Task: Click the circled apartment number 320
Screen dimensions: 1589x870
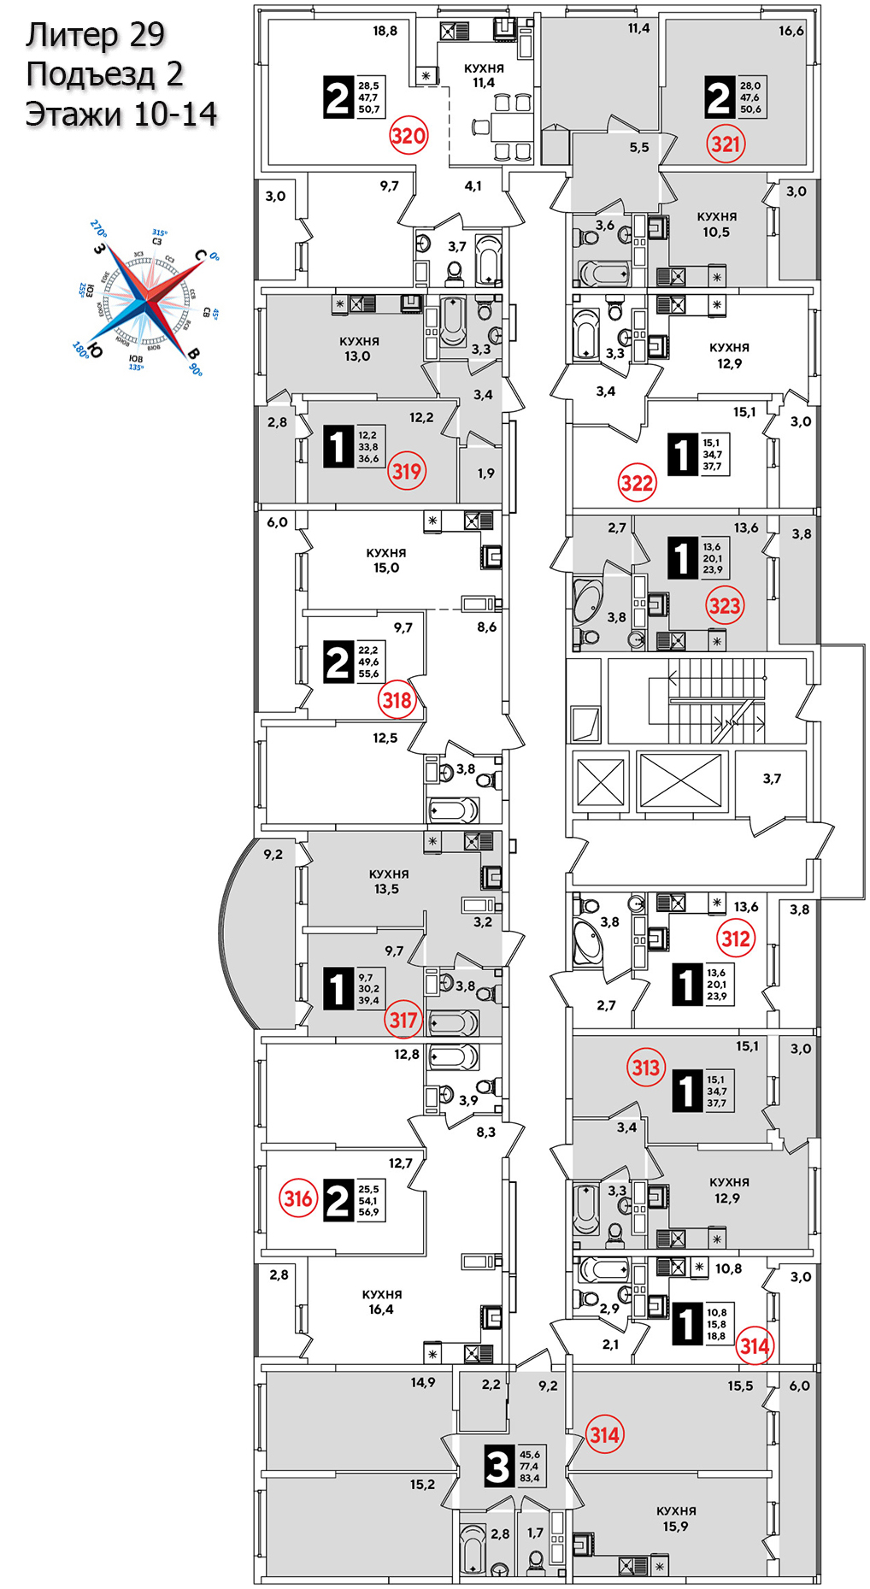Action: pyautogui.click(x=408, y=136)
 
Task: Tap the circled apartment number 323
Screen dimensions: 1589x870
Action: pyautogui.click(x=724, y=606)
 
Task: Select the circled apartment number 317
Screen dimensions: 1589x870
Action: pyautogui.click(x=403, y=1019)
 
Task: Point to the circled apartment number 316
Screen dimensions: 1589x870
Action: pyautogui.click(x=298, y=1198)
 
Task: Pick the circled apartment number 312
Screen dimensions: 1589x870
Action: pyautogui.click(x=735, y=939)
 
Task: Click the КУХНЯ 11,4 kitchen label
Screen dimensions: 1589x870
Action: pyautogui.click(x=484, y=75)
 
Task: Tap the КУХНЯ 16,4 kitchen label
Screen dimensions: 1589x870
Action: pyautogui.click(x=381, y=1302)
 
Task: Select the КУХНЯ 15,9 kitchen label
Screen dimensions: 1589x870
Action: pyautogui.click(x=675, y=1519)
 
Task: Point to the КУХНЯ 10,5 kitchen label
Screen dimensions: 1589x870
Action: pyautogui.click(x=716, y=224)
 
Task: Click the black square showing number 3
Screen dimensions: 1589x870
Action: pyautogui.click(x=498, y=1467)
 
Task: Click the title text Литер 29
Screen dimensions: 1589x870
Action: pyautogui.click(x=95, y=35)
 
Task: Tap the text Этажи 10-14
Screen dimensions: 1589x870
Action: pyautogui.click(x=121, y=114)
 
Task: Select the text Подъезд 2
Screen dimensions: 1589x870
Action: pyautogui.click(x=104, y=74)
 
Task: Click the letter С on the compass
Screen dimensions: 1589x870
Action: pyautogui.click(x=200, y=255)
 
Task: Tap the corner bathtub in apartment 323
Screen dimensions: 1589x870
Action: pyautogui.click(x=587, y=601)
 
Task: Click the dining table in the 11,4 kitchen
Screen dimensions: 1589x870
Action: pyautogui.click(x=502, y=128)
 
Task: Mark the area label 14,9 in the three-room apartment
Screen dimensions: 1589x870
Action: pyautogui.click(x=422, y=1382)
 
